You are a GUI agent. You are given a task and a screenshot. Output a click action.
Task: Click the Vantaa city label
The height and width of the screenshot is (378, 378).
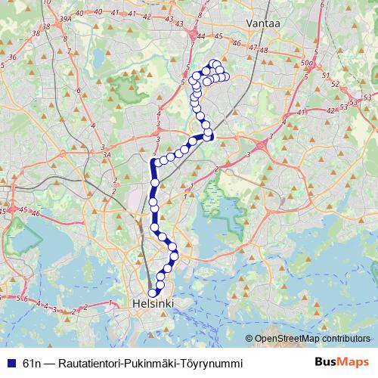point(264,24)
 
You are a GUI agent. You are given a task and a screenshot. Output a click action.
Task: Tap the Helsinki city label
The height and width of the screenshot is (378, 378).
point(153,303)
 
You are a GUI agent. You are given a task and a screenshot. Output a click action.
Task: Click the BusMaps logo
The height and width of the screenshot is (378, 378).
point(342,362)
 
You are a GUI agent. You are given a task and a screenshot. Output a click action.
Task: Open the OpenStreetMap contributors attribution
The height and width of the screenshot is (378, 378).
point(312,339)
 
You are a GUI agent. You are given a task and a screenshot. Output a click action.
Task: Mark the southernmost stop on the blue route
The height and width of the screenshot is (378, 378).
point(152,293)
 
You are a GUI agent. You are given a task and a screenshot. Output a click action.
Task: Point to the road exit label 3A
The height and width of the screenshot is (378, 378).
point(107,155)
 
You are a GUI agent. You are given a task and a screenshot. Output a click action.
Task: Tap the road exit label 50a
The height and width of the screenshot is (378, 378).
point(305,62)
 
